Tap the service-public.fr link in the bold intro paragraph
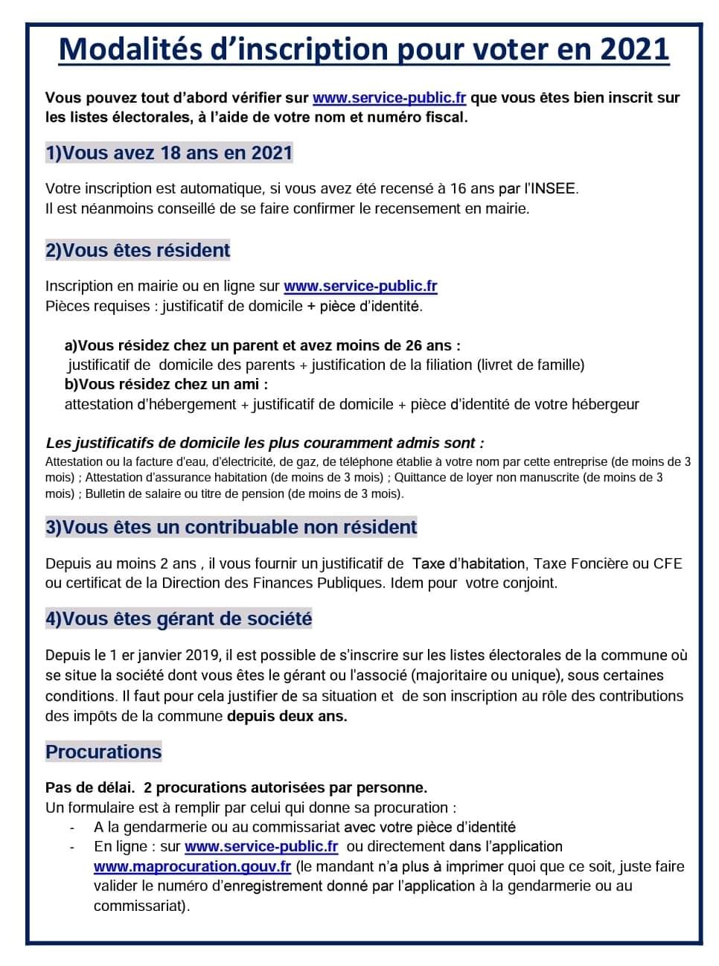tap(389, 97)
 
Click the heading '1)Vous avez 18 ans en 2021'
tap(169, 153)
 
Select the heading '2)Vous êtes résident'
tap(138, 250)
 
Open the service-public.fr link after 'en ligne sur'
tap(360, 286)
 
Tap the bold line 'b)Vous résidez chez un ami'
tap(166, 384)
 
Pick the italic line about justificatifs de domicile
tap(265, 443)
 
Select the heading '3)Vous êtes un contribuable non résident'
tap(231, 527)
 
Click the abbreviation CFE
tap(668, 563)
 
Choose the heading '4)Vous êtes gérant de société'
tap(179, 618)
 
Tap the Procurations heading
tap(103, 752)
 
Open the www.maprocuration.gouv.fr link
tap(192, 866)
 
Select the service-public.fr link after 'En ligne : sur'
tap(261, 846)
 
